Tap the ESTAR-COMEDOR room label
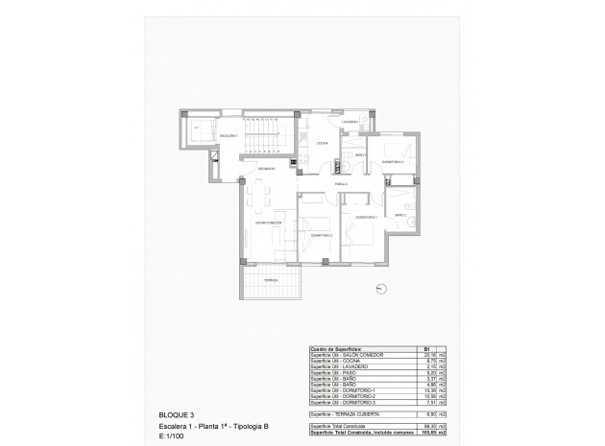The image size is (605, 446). (268, 223)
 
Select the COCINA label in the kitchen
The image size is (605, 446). (322, 144)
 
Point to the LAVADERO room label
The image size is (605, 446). (350, 122)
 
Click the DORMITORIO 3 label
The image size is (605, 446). (392, 161)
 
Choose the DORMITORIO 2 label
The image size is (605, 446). (321, 234)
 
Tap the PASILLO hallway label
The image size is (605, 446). (340, 182)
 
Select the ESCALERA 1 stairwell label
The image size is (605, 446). (229, 136)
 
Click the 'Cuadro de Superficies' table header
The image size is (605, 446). (334, 349)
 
